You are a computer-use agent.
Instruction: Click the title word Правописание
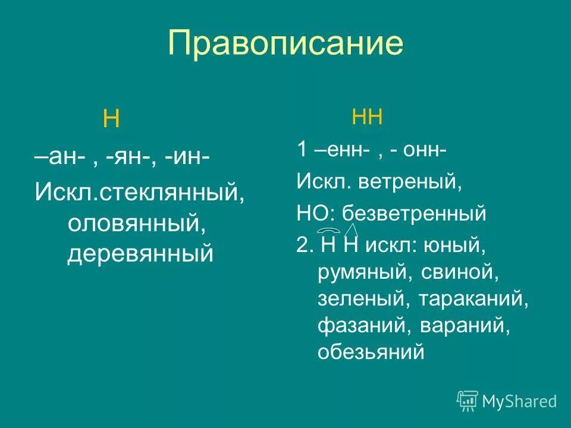click(x=285, y=43)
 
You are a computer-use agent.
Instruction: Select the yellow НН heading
click(x=367, y=117)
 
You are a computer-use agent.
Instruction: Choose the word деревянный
click(x=140, y=254)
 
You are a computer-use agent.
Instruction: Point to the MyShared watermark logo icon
click(x=468, y=401)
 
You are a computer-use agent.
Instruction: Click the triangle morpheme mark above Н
click(x=351, y=229)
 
